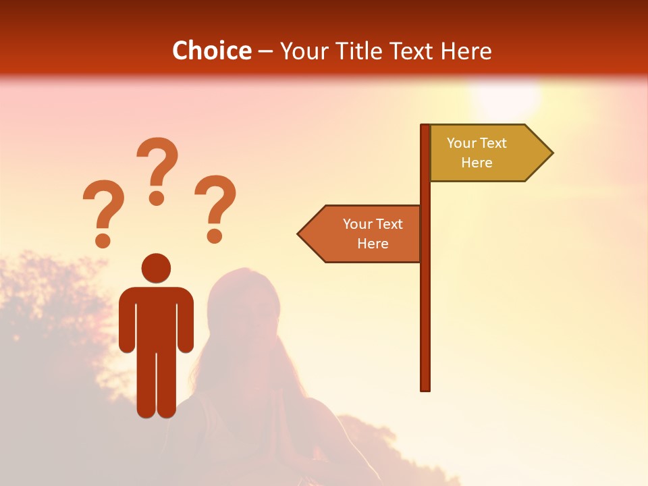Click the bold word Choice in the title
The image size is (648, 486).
tap(211, 51)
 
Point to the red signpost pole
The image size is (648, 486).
tap(425, 304)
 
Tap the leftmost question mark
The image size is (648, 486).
tap(103, 206)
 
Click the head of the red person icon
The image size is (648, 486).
tap(156, 268)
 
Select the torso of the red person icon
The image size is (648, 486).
tap(156, 317)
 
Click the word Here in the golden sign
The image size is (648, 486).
tap(477, 163)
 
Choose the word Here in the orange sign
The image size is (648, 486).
tap(373, 244)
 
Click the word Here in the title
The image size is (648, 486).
tap(466, 51)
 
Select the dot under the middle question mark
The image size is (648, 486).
tap(157, 197)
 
